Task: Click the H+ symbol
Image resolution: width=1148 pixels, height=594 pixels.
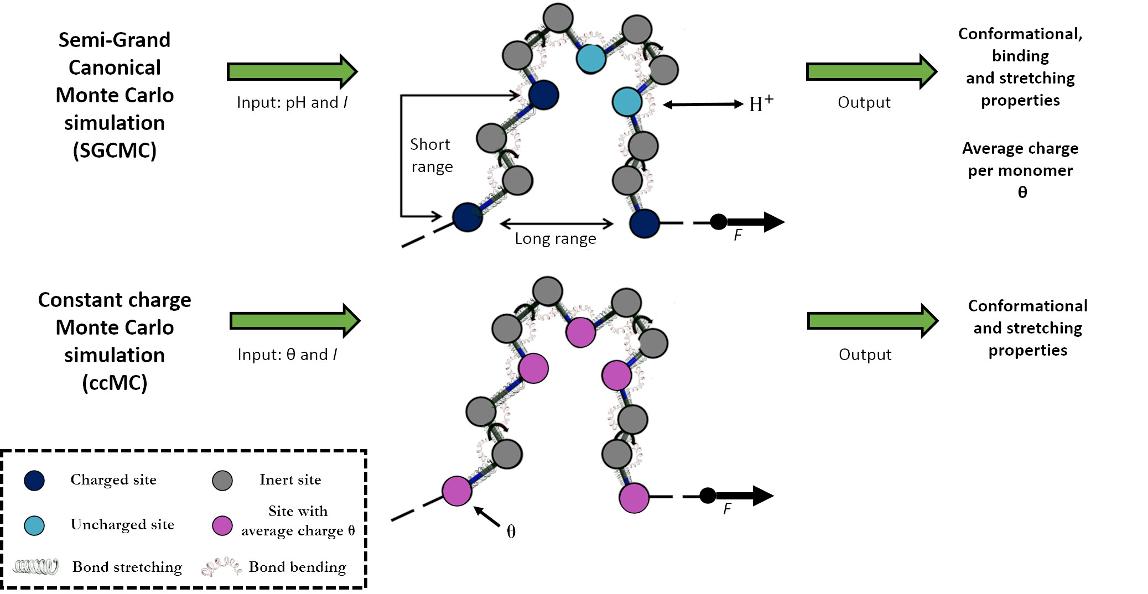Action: pos(761,103)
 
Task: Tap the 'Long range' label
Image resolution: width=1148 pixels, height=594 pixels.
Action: pos(555,238)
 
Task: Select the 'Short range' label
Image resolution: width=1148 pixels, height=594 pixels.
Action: pos(431,155)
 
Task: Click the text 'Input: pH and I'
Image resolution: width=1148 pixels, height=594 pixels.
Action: pos(292,102)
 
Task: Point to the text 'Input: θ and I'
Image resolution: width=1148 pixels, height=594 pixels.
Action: pos(287,355)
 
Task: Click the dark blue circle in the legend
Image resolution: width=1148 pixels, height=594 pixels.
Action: pos(34,481)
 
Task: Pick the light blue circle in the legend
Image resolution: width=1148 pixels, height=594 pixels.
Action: pos(34,525)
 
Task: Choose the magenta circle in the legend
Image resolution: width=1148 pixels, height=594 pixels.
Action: pos(222,525)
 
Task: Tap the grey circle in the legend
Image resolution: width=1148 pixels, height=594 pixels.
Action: pos(222,481)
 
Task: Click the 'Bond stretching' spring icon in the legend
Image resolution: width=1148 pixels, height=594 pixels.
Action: pos(36,567)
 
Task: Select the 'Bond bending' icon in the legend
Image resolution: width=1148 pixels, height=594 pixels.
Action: pos(221,567)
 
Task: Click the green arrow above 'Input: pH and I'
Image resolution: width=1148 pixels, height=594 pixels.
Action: pos(292,71)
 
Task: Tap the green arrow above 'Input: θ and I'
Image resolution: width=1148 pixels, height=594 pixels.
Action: pos(295,321)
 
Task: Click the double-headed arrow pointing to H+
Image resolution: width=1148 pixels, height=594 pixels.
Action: pos(703,104)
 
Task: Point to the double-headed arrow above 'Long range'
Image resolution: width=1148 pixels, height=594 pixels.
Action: pos(556,223)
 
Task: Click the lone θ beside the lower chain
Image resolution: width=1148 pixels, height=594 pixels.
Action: pos(511,532)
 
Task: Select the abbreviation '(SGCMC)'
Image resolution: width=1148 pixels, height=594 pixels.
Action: pos(115,150)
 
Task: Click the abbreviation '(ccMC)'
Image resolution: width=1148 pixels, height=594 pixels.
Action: pos(115,383)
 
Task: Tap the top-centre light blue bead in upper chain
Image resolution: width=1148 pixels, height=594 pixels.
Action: pos(591,59)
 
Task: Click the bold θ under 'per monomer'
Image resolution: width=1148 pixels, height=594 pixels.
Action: pos(1022,192)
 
